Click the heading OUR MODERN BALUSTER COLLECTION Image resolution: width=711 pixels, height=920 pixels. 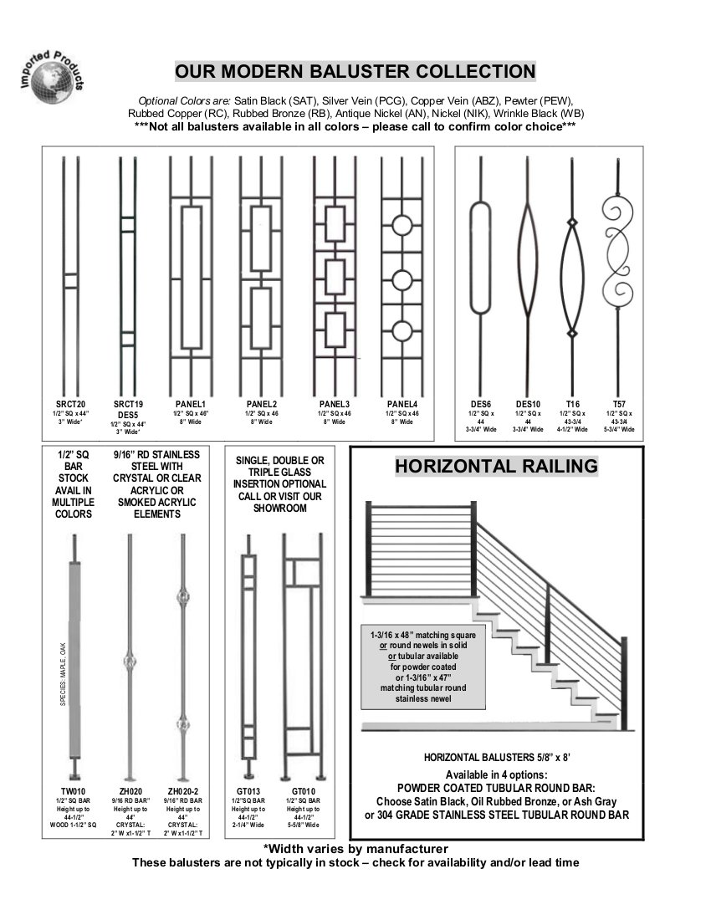click(x=355, y=70)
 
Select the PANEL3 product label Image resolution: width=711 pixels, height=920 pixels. click(x=334, y=404)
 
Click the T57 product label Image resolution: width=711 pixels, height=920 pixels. click(x=619, y=404)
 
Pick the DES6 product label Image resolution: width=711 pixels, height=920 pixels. click(x=480, y=404)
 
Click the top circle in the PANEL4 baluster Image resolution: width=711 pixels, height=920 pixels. click(x=402, y=226)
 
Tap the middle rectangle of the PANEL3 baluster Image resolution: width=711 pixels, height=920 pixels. click(x=335, y=278)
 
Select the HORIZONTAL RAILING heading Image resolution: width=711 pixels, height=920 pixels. click(x=496, y=466)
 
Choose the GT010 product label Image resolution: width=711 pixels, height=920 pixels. click(x=303, y=790)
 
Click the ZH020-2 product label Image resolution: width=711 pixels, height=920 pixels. click(x=182, y=790)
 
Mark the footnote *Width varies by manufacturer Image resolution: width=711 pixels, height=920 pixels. click(x=355, y=849)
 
